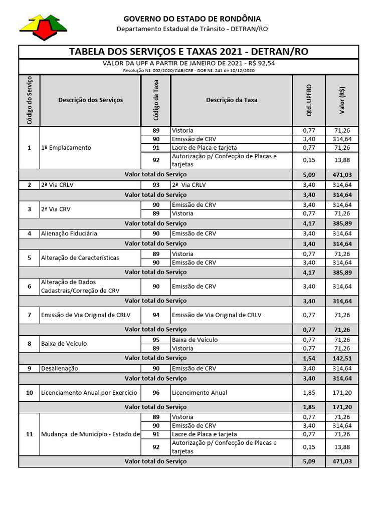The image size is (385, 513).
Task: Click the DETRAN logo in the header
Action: [x=43, y=27]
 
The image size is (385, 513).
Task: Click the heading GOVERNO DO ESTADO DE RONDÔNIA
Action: [x=192, y=19]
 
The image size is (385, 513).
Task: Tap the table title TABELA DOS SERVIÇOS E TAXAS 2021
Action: [x=188, y=52]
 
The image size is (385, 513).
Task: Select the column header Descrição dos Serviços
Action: [x=90, y=100]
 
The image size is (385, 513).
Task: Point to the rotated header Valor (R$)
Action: [x=342, y=100]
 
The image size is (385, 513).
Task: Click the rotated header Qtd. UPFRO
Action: [x=309, y=100]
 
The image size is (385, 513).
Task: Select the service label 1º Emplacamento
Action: [x=66, y=148]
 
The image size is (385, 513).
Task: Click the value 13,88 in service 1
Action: [x=342, y=160]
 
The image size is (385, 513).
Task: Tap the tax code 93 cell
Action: [x=156, y=185]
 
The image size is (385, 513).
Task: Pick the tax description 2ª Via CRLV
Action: [x=189, y=185]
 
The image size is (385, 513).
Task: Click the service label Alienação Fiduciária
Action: [x=70, y=233]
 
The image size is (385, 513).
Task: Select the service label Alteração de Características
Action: [x=80, y=258]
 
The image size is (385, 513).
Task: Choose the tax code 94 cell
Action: [x=156, y=315]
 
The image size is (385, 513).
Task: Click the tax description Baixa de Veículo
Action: [x=195, y=340]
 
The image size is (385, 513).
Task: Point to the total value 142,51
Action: [x=342, y=358]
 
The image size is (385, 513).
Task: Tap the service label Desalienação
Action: [x=60, y=368]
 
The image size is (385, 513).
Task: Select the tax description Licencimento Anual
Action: [x=200, y=393]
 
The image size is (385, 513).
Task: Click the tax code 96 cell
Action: [x=156, y=393]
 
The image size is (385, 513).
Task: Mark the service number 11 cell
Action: [x=30, y=434]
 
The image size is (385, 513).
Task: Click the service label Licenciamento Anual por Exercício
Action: [x=89, y=393]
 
